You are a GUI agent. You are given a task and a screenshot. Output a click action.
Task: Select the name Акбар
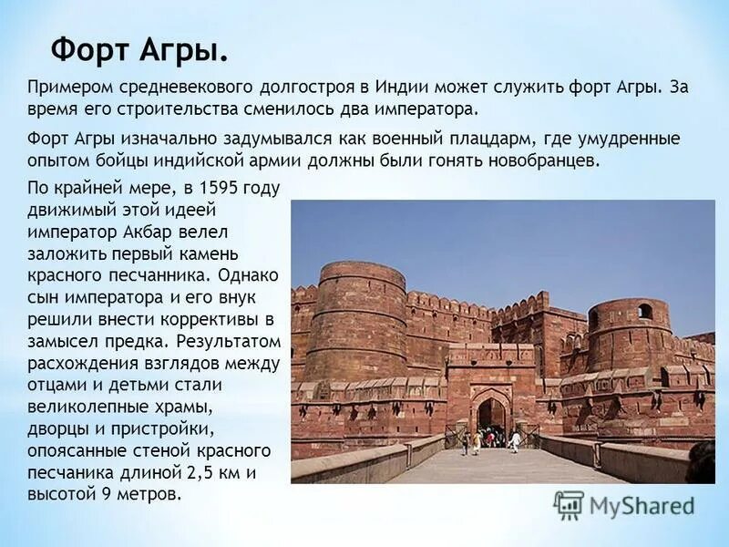click(183, 231)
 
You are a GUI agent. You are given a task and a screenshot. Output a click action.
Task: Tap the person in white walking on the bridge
click(515, 441)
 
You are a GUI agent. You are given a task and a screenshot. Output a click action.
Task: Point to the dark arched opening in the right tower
click(645, 312)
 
